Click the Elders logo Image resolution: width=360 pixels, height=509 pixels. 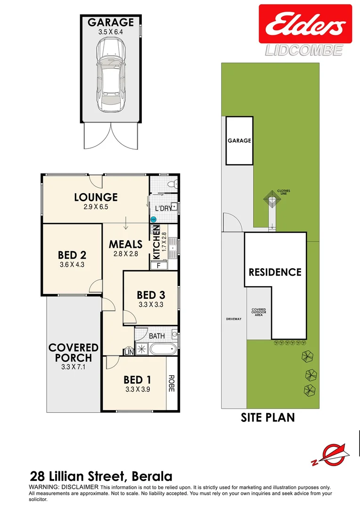(305, 25)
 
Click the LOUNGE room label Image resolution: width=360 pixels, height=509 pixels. (95, 197)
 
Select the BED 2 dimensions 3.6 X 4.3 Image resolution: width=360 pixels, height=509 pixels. (72, 265)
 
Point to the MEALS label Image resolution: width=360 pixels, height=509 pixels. (125, 244)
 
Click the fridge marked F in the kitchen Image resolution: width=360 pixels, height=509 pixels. (158, 265)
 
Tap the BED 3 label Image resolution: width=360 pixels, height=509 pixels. (151, 295)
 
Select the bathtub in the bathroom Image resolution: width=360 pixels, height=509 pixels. (163, 350)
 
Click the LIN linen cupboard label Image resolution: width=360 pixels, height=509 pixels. (128, 352)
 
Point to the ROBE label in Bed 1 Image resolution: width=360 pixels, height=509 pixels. (171, 383)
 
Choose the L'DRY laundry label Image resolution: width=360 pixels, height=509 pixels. (162, 208)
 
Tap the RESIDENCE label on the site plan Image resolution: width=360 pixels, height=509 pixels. (275, 272)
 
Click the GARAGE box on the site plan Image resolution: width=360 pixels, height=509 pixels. (239, 140)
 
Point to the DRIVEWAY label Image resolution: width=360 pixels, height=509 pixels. (234, 319)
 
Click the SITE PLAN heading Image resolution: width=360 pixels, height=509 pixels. (268, 417)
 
